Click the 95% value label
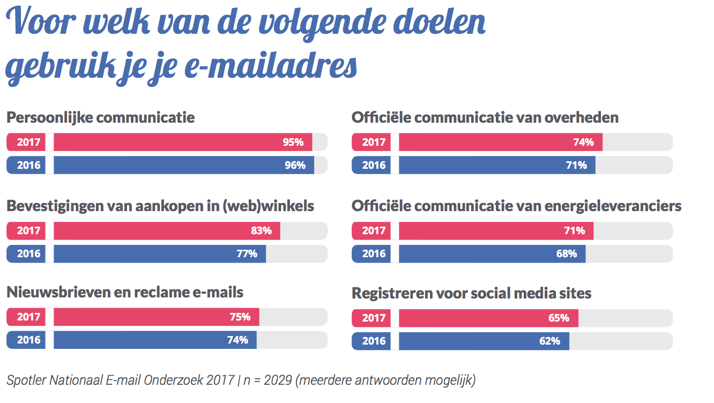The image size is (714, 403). [x=293, y=142]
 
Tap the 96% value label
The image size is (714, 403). [x=295, y=165]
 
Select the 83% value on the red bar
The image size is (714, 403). [x=261, y=231]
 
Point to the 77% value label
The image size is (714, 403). [x=247, y=254]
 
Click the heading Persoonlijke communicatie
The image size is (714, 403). [x=100, y=117]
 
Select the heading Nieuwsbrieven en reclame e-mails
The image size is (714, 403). [x=125, y=292]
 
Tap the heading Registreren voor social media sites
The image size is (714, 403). [x=472, y=294]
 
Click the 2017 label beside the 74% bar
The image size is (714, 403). [x=374, y=142]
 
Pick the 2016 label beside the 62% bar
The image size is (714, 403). [x=374, y=341]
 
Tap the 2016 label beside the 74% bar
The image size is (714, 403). [x=28, y=340]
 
